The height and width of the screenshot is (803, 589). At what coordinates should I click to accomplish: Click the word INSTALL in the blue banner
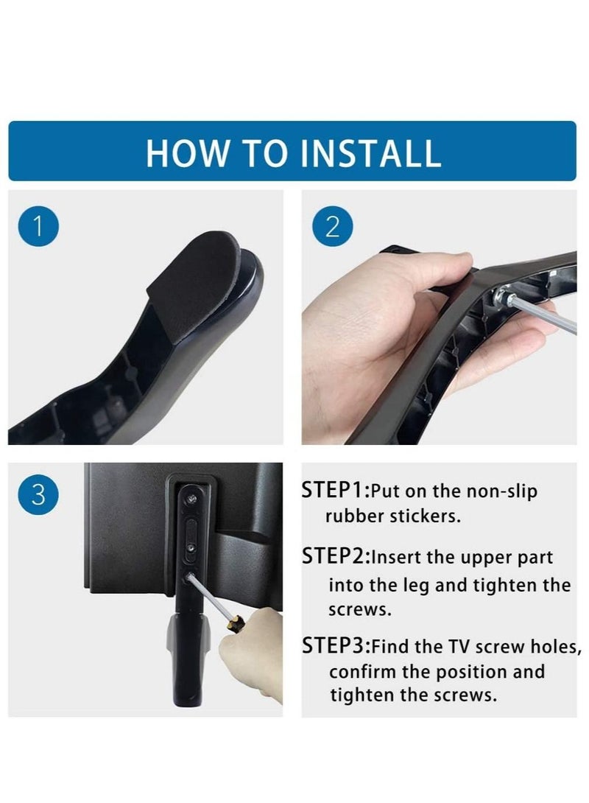[x=370, y=152]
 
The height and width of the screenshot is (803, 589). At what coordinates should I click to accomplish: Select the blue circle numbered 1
[x=38, y=226]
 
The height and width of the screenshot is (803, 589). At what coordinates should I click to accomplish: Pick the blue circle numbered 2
[x=332, y=226]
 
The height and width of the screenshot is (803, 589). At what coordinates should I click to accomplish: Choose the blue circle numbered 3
[x=38, y=495]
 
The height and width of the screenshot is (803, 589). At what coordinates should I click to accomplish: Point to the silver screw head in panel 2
[x=500, y=296]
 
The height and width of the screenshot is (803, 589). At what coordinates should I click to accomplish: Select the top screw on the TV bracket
[x=191, y=498]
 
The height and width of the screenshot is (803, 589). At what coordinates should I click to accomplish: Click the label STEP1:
[x=335, y=490]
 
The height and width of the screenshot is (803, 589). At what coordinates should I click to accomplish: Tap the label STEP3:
[x=335, y=646]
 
